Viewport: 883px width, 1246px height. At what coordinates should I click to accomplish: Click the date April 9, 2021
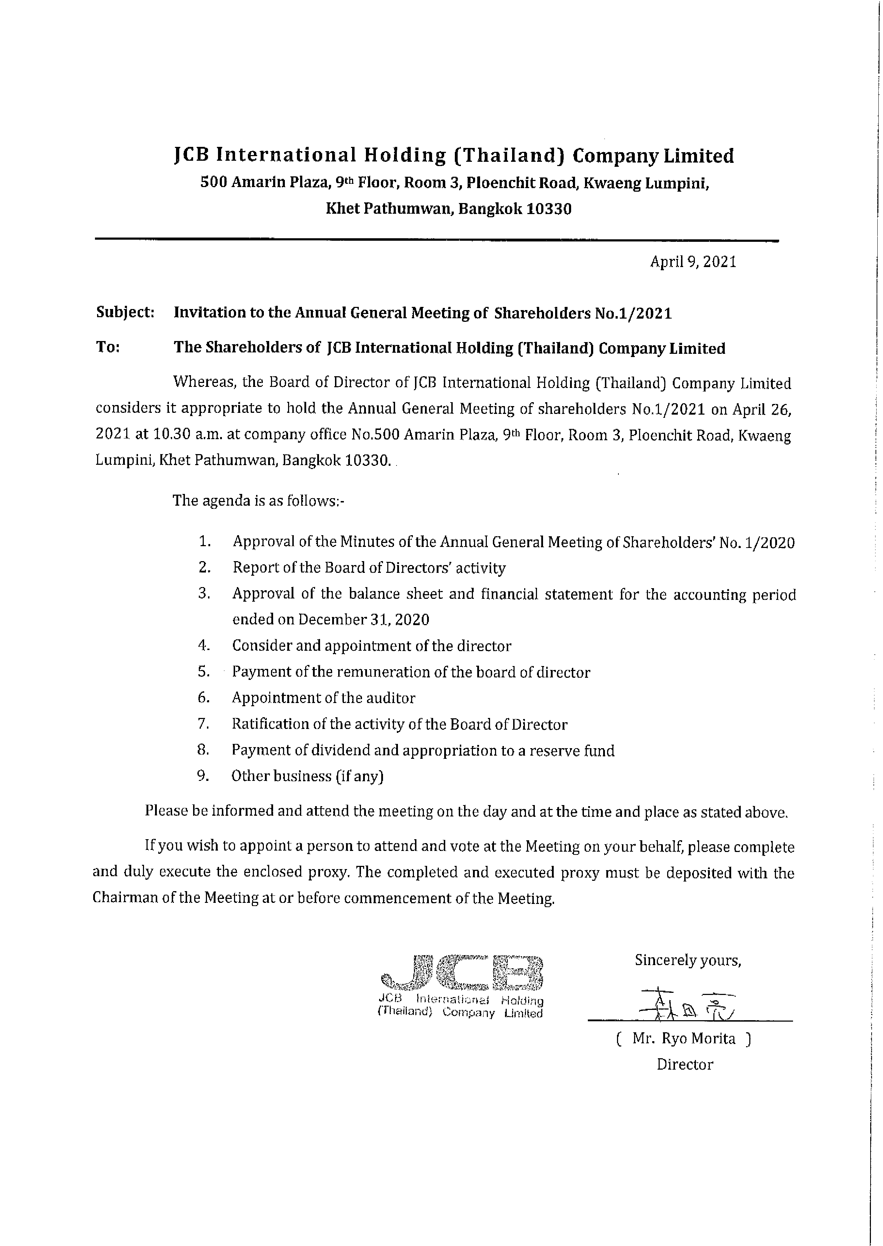pos(693,262)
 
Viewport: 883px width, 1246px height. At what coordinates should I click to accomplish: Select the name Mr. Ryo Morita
pos(683,1039)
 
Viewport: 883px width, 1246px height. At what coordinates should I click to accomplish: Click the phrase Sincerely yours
pos(688,960)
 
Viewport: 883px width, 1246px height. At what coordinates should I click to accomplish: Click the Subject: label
pos(125,313)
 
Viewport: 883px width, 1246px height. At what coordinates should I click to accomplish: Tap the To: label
pos(108,347)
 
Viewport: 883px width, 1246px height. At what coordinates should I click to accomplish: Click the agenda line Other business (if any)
pos(307,776)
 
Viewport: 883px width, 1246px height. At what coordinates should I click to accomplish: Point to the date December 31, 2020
pos(363,620)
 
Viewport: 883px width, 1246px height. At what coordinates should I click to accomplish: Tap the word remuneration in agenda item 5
pos(384,672)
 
